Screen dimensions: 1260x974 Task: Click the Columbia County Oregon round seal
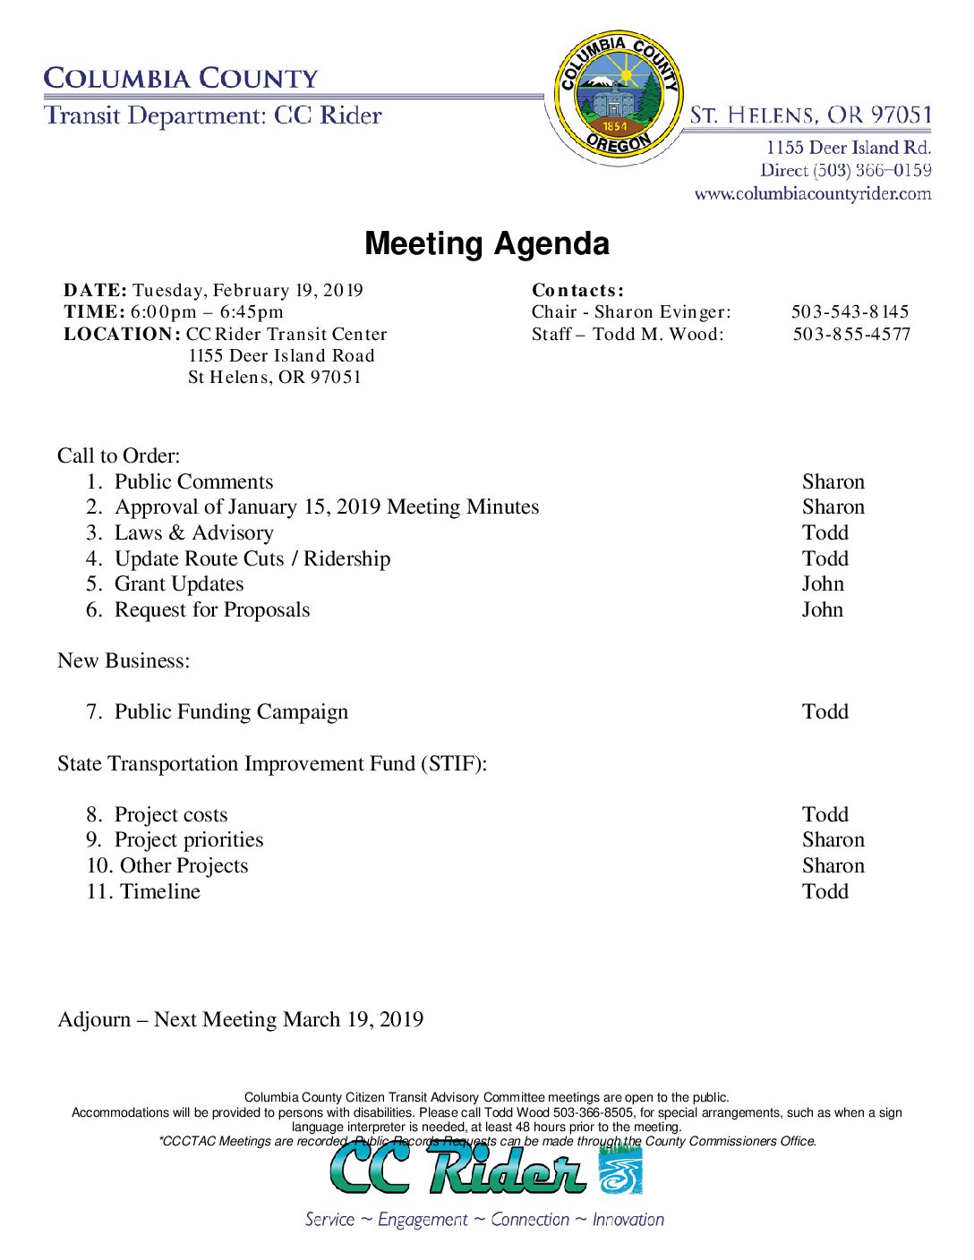click(x=618, y=97)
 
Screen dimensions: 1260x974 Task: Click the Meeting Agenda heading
click(x=487, y=243)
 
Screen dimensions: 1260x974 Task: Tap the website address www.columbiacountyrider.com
click(x=812, y=194)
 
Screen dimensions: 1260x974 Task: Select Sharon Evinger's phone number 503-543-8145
click(x=850, y=312)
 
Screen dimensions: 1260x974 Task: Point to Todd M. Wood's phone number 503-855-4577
click(x=851, y=335)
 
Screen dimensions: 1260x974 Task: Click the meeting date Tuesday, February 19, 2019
click(x=248, y=290)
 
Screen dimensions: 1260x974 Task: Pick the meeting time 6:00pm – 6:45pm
click(x=207, y=312)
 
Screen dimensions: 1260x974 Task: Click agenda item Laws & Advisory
click(x=194, y=533)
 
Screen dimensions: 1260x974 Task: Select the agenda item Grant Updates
click(x=179, y=584)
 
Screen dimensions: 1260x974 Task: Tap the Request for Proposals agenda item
click(x=212, y=610)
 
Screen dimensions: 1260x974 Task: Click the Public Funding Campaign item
click(x=231, y=712)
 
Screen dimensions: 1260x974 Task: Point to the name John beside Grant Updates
click(x=823, y=584)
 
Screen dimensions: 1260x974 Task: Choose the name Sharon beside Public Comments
click(x=833, y=482)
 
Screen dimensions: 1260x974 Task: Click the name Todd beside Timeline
click(x=825, y=892)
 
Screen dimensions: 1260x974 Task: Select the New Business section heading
click(x=124, y=661)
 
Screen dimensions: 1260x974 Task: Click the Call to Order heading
click(x=119, y=456)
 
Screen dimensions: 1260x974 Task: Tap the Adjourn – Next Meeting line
click(x=241, y=1020)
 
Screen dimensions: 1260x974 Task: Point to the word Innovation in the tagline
click(x=628, y=1220)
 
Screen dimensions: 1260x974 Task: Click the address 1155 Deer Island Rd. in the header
click(x=848, y=148)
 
